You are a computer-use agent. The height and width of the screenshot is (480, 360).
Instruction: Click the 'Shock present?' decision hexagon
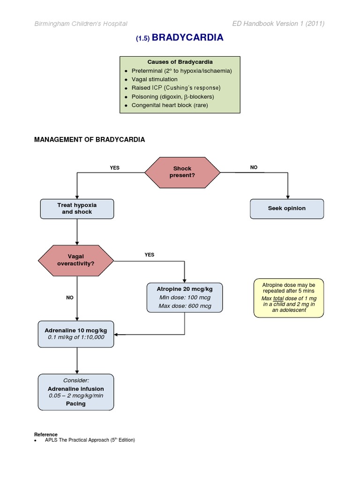182,172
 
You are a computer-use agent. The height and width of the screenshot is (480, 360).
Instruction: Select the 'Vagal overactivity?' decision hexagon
75,260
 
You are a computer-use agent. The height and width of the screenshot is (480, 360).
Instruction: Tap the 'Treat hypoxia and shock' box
77,209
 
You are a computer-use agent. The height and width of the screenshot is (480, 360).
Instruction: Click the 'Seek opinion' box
287,209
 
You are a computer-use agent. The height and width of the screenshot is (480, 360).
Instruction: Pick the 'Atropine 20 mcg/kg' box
184,297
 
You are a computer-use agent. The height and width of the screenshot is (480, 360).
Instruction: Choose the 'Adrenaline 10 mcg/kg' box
76,334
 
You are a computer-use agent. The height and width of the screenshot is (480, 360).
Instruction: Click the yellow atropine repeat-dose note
289,297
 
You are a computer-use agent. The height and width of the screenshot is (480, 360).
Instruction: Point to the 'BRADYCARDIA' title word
187,38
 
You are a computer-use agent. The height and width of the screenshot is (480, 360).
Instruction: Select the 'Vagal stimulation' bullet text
154,79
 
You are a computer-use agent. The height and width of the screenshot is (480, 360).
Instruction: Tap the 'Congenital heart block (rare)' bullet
169,105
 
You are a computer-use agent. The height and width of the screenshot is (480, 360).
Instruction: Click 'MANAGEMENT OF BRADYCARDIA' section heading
90,140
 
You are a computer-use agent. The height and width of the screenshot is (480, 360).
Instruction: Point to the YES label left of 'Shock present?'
114,168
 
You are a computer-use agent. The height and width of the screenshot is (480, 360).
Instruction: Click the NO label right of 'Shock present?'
254,167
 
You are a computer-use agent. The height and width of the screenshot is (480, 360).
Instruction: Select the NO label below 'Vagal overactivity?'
70,298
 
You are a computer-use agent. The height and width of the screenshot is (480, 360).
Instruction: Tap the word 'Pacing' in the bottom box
76,403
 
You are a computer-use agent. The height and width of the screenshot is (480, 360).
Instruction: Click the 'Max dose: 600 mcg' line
185,306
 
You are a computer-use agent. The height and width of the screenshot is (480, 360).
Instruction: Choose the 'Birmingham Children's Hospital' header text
80,24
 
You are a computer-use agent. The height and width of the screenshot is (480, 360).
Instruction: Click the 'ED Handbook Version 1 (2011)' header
278,24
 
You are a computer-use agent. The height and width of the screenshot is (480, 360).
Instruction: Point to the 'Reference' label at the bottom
46,435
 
